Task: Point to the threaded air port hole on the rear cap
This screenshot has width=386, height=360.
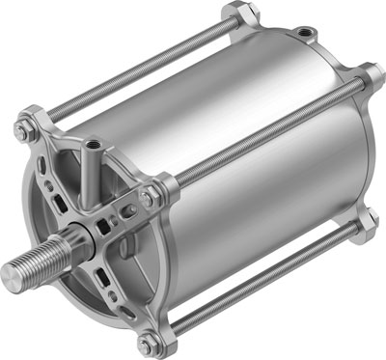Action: [x=306, y=35]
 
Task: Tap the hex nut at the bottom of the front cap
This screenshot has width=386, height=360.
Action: [x=147, y=346]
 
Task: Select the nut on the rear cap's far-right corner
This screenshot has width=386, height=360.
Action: [x=371, y=80]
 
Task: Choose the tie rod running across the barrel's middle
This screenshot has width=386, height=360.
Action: [x=261, y=135]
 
